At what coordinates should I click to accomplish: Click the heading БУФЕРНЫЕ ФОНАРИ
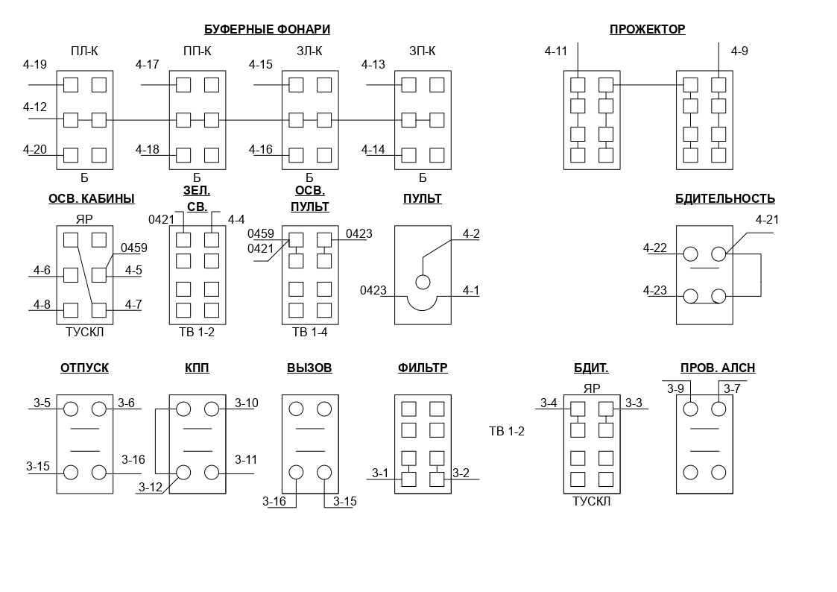click(x=267, y=29)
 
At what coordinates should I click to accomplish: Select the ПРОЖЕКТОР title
click(x=648, y=29)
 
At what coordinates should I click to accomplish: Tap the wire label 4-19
click(x=35, y=65)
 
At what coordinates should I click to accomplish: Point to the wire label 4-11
click(x=556, y=51)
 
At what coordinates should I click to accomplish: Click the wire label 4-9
click(x=739, y=51)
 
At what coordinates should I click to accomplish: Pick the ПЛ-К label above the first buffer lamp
click(x=84, y=51)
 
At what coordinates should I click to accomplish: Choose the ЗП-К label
click(x=423, y=51)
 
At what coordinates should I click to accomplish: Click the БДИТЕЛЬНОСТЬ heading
click(x=725, y=199)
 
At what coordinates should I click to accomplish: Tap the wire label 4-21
click(x=767, y=220)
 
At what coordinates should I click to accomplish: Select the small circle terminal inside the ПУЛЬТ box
click(x=423, y=282)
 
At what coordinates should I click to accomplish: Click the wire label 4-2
click(x=471, y=234)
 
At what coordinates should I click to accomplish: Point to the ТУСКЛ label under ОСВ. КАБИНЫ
click(x=84, y=332)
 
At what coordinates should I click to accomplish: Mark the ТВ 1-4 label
click(x=309, y=332)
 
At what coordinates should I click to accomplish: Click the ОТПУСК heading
click(x=84, y=368)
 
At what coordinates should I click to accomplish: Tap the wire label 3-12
click(x=150, y=488)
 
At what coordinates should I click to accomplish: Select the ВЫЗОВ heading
click(x=309, y=368)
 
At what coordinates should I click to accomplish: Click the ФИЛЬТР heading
click(x=423, y=368)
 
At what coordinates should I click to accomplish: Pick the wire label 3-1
click(x=380, y=473)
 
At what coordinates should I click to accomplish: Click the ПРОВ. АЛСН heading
click(x=718, y=368)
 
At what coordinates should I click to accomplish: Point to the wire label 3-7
click(x=732, y=388)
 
